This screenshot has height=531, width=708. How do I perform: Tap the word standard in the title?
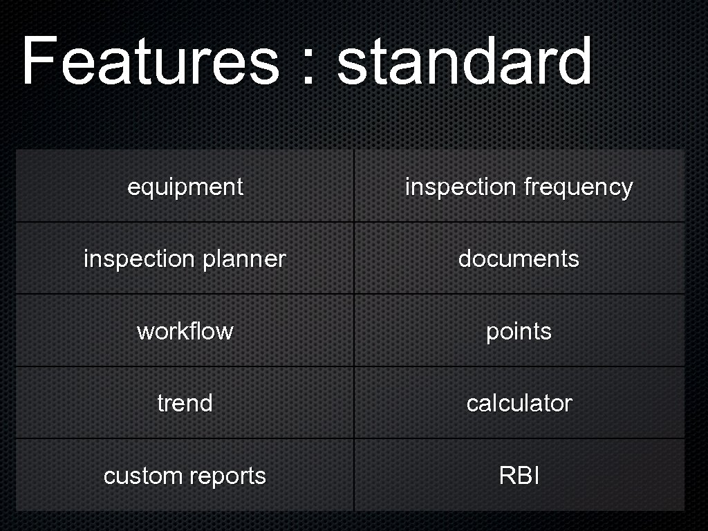click(x=464, y=62)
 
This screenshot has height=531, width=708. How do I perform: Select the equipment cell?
click(x=185, y=187)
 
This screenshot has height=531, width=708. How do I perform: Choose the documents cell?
click(x=519, y=259)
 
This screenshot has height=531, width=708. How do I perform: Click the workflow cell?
click(x=185, y=331)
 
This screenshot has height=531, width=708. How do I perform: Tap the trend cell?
click(x=185, y=403)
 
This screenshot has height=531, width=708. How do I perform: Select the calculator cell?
click(x=519, y=403)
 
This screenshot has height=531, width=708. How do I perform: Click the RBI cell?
click(x=519, y=476)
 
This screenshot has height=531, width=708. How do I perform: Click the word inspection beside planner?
click(x=139, y=259)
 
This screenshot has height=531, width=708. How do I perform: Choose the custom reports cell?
click(x=185, y=476)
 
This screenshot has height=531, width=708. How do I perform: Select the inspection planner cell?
click(x=185, y=259)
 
